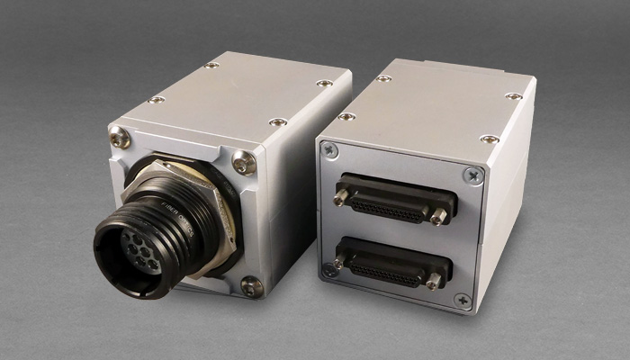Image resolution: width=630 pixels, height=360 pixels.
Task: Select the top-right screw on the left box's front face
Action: [x=244, y=162]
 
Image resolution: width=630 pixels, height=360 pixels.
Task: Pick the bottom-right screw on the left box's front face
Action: [x=252, y=286]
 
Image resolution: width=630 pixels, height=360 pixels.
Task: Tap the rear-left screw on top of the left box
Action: [x=211, y=66]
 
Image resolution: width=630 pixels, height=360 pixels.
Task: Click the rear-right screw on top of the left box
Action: [x=324, y=84]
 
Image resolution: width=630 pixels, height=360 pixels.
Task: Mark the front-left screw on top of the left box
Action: [x=157, y=100]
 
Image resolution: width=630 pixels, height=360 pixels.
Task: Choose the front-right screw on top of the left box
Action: [x=278, y=121]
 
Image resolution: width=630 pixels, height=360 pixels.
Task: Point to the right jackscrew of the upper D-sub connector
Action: [x=439, y=216]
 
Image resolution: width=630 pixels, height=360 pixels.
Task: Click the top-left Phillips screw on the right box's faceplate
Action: [x=329, y=150]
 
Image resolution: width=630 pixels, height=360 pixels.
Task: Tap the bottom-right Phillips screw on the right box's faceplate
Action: [x=463, y=301]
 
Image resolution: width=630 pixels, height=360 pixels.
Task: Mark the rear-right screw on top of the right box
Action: [x=514, y=96]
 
